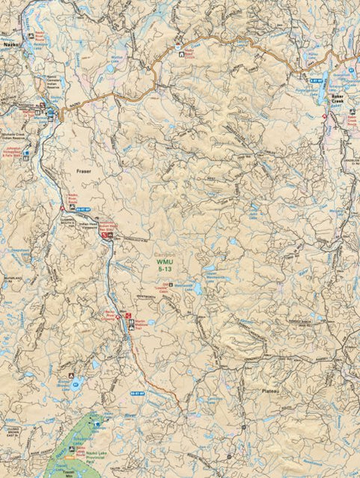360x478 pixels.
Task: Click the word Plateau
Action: coord(271,391)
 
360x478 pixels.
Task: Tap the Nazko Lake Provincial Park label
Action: coord(82,456)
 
